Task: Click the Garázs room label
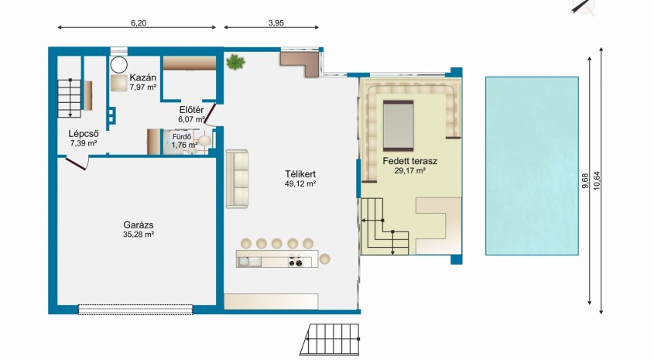click(139, 225)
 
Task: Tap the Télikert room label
click(300, 174)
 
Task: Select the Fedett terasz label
click(410, 161)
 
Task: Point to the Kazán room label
click(142, 77)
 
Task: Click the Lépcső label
click(84, 134)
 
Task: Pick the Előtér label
click(191, 110)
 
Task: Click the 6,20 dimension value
click(139, 23)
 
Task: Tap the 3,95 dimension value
click(276, 23)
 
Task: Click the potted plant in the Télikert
click(235, 62)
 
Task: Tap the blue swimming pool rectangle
click(532, 166)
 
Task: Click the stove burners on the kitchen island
click(296, 262)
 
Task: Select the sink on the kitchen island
click(243, 262)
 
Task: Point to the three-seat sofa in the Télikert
click(237, 179)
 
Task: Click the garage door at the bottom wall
click(135, 309)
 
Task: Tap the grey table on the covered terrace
click(399, 125)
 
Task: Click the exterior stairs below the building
click(330, 339)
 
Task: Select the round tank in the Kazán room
click(119, 65)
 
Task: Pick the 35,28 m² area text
click(139, 235)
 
